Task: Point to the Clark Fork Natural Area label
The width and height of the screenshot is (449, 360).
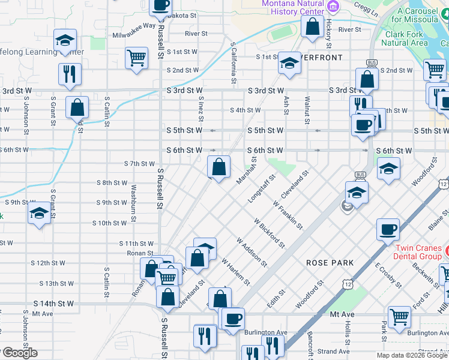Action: [x=406, y=38]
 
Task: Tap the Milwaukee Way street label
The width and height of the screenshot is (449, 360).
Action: [x=134, y=25]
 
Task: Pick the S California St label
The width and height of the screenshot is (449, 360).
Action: [x=232, y=63]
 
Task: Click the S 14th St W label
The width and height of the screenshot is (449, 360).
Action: [x=53, y=304]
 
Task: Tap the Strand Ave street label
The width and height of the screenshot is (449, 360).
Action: [x=334, y=352]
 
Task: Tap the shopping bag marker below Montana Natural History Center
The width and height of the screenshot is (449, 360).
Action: [x=312, y=26]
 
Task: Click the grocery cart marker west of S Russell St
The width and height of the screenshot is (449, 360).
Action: [x=137, y=58]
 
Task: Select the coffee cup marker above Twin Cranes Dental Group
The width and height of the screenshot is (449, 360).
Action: [x=388, y=229]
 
